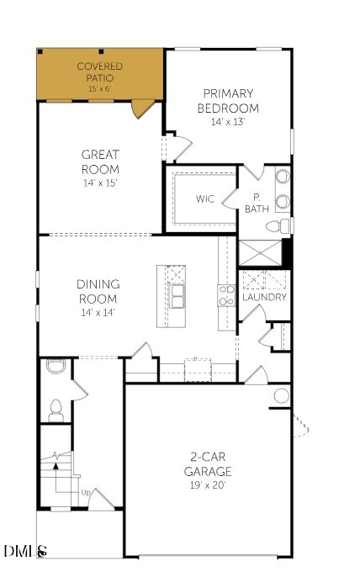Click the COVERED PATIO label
click(x=100, y=66)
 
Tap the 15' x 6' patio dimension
click(x=100, y=88)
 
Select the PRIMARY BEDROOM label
click(x=227, y=101)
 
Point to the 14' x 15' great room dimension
click(x=100, y=183)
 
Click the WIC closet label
click(x=205, y=199)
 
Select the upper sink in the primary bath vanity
click(x=282, y=178)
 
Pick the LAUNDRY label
click(x=264, y=297)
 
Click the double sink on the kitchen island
click(x=177, y=296)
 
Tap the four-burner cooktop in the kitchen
click(x=226, y=294)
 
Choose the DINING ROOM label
click(x=98, y=291)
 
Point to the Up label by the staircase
click(x=86, y=492)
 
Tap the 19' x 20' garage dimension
click(x=208, y=484)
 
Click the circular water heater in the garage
click(x=281, y=395)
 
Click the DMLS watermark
click(x=25, y=551)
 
